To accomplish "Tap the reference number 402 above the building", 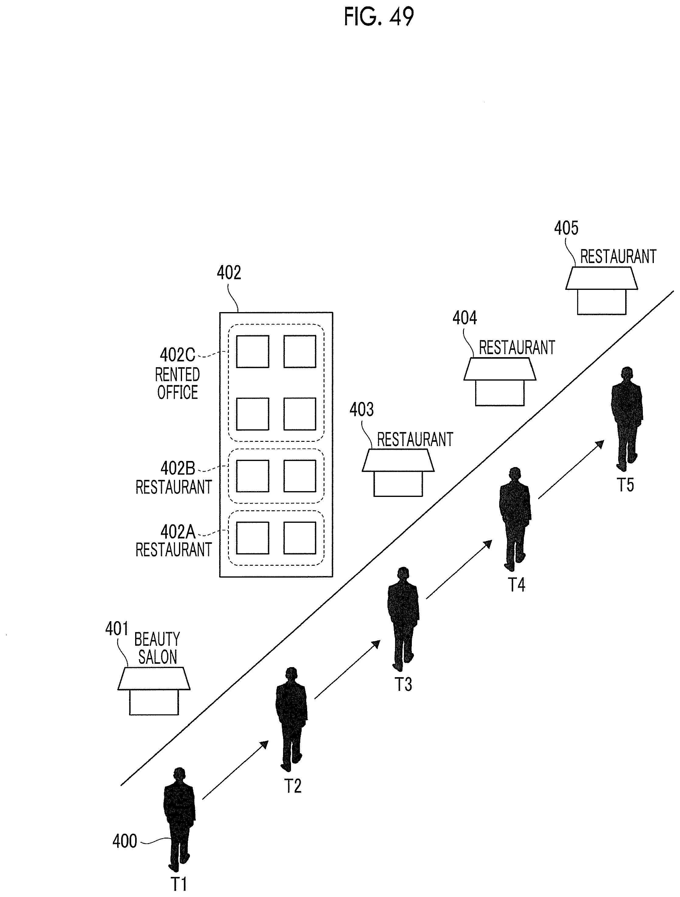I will pos(229,273).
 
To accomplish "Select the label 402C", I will pos(177,355).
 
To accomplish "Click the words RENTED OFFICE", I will pos(177,383).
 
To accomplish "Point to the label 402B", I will pos(177,468).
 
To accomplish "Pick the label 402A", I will pos(177,531).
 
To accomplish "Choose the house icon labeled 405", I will pos(601,290).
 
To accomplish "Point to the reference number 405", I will pos(566,228).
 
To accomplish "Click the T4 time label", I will pos(516,585).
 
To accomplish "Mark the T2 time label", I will pos(292,786).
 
